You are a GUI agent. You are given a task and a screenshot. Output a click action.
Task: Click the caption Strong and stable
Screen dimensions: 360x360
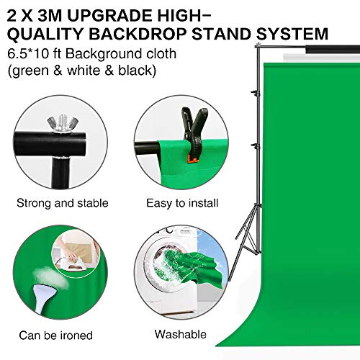[x=63, y=203]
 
